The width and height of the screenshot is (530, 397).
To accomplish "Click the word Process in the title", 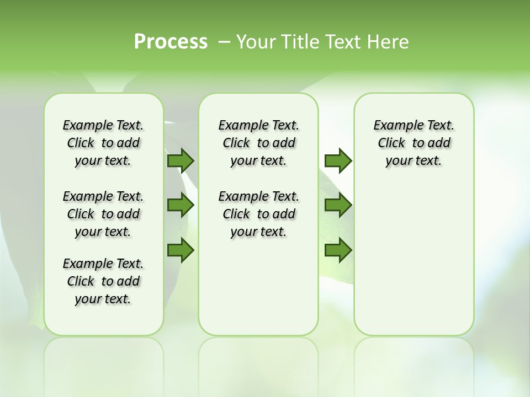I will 171,41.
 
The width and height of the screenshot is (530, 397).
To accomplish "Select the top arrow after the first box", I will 181,160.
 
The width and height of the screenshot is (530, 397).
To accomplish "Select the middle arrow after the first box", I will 181,205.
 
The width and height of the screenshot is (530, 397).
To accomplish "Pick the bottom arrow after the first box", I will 181,250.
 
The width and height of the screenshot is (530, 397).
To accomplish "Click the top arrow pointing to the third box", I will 338,160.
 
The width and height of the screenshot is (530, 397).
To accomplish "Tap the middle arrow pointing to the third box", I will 338,205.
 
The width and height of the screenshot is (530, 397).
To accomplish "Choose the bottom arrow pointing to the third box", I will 338,250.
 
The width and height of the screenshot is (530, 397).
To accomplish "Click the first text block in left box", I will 103,143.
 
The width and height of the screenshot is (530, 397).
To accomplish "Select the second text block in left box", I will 103,214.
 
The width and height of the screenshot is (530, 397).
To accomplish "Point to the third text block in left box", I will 103,281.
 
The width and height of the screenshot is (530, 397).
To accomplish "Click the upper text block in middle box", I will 258,143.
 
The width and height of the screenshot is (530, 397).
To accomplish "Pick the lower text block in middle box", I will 258,214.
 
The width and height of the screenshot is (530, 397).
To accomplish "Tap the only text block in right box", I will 414,143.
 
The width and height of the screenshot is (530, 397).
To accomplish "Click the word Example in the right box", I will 394,125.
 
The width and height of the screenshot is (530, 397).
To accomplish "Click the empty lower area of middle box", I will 258,287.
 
